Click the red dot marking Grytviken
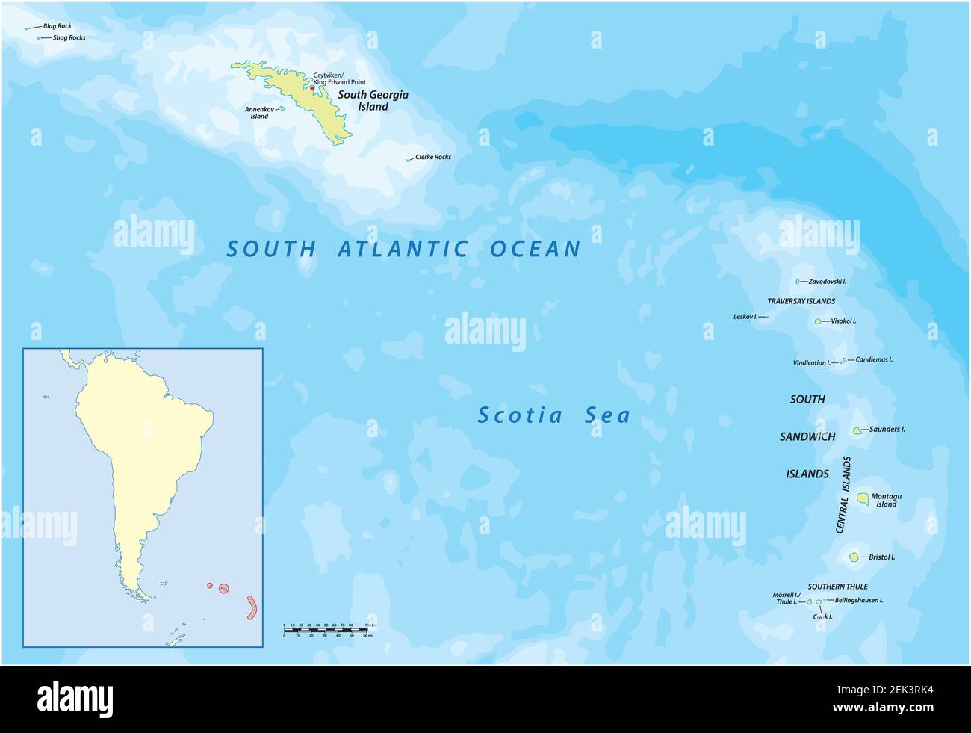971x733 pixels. [x=312, y=89]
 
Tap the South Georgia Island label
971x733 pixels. [x=373, y=100]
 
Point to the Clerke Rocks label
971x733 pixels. [x=432, y=157]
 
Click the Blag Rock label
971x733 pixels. [x=57, y=26]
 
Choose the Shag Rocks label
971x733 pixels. [x=69, y=37]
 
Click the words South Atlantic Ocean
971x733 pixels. [x=403, y=249]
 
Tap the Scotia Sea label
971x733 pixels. [x=553, y=415]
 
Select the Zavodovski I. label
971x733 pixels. [x=827, y=282]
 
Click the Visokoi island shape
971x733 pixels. [x=817, y=321]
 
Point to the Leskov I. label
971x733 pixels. [x=745, y=317]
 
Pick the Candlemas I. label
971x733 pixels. [x=874, y=359]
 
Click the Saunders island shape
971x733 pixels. [x=857, y=430]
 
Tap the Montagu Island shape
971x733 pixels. [x=863, y=498]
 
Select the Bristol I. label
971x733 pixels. [x=881, y=557]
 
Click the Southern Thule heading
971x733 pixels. [x=837, y=587]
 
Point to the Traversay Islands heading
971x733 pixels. [x=801, y=301]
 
